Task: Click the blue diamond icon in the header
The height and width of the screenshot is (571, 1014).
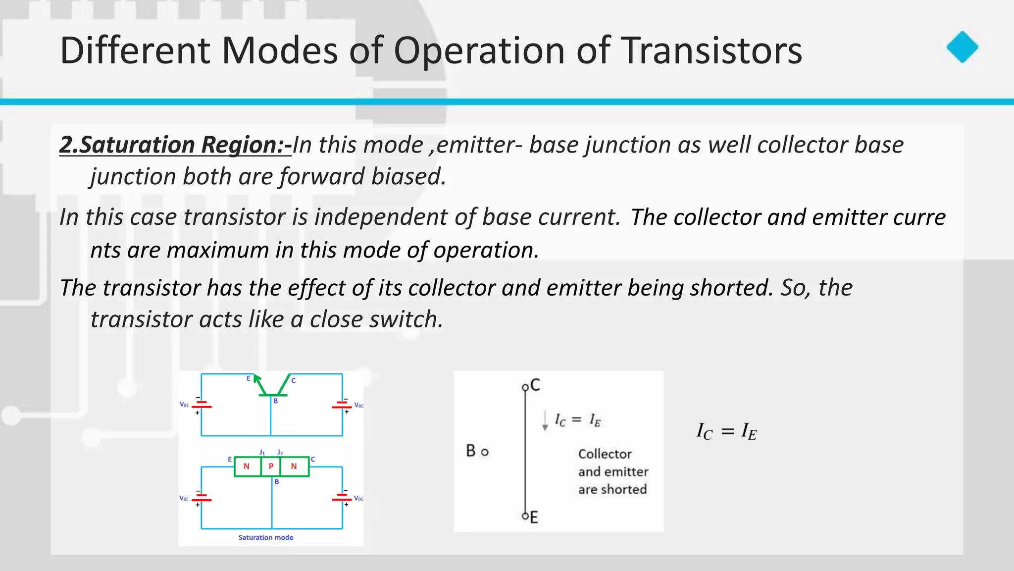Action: click(962, 48)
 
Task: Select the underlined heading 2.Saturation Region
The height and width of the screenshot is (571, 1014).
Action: click(175, 145)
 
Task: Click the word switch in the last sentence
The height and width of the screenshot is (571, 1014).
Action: click(406, 319)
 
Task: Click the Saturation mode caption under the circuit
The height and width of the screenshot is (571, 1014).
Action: click(265, 537)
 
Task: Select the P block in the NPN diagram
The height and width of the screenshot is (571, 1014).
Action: click(271, 467)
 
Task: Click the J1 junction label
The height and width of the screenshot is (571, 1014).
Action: click(262, 452)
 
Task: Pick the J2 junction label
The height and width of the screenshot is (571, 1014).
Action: click(280, 452)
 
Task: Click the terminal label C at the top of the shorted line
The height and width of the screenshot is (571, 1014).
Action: click(535, 385)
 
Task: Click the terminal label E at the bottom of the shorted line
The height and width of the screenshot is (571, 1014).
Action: click(534, 518)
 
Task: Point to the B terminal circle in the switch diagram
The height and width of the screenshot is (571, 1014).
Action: click(485, 452)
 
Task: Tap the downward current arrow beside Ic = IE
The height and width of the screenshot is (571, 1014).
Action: click(545, 420)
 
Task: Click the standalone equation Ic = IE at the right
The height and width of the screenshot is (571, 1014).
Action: click(726, 431)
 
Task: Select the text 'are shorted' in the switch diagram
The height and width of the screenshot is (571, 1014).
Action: click(612, 489)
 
